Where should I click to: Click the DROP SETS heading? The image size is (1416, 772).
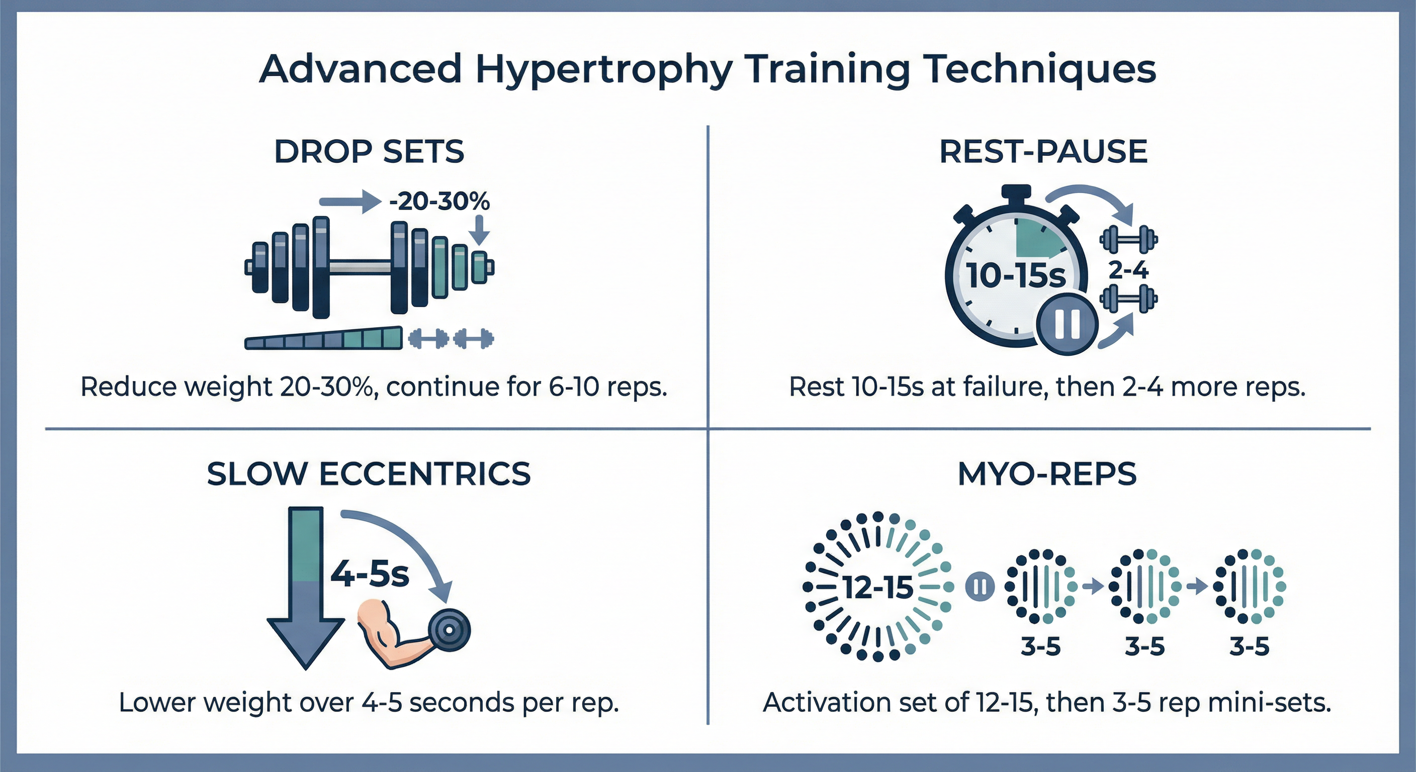[x=369, y=152]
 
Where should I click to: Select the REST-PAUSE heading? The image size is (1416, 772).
[x=1043, y=152]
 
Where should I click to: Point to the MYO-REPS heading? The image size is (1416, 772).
[x=1047, y=473]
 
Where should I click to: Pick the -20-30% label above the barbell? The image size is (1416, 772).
[x=438, y=202]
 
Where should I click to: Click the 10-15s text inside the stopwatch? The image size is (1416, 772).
[x=1015, y=275]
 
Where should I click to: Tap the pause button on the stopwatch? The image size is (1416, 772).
[x=1068, y=324]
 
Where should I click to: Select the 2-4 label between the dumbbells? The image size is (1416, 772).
[x=1128, y=270]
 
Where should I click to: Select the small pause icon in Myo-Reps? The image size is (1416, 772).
[x=980, y=587]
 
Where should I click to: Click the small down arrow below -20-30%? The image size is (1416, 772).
[x=480, y=230]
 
